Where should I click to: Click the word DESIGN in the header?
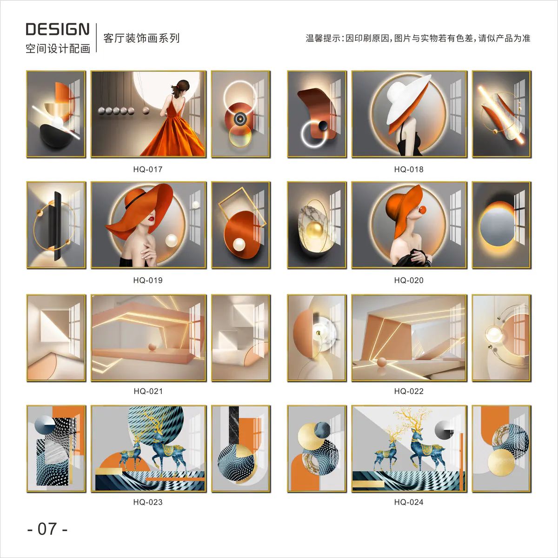coord(58,29)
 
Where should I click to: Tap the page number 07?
coord(47,529)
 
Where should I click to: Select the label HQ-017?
coord(148,169)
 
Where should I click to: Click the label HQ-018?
coord(409,169)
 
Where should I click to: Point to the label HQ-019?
coord(148,280)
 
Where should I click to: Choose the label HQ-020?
coord(409,280)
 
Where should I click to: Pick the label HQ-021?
coord(148,391)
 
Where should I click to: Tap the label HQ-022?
coord(409,391)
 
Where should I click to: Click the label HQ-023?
coord(148,502)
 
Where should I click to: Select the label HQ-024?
coord(409,502)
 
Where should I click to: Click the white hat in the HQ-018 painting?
coord(405,99)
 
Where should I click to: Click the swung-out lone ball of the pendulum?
coord(146,110)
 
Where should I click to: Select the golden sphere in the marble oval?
coord(314,232)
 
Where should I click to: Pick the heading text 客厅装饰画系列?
coord(141,38)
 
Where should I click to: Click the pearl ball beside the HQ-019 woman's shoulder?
coord(171,240)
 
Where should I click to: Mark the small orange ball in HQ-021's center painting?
coord(152,347)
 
